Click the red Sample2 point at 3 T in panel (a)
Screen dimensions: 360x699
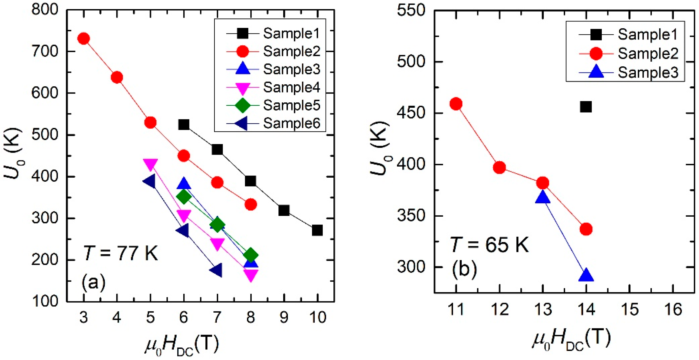click(x=84, y=38)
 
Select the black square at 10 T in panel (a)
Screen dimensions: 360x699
click(x=317, y=230)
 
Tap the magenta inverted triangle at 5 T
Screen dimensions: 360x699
click(x=150, y=165)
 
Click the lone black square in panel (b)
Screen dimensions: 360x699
click(x=586, y=107)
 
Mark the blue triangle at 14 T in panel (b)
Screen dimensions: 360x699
click(x=586, y=275)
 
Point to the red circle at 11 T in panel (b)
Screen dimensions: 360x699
click(x=456, y=104)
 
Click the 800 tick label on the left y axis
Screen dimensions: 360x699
click(x=45, y=10)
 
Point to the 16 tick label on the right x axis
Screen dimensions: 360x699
click(x=673, y=309)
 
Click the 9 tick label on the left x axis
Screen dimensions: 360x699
click(x=284, y=317)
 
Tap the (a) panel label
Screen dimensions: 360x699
click(x=93, y=282)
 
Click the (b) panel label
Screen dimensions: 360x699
click(x=464, y=269)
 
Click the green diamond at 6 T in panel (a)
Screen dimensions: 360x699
click(x=184, y=196)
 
